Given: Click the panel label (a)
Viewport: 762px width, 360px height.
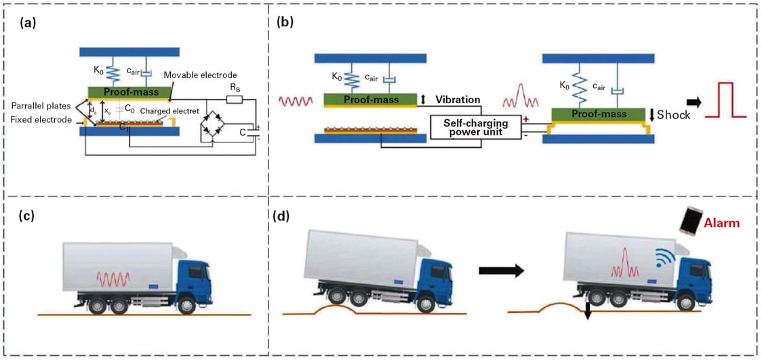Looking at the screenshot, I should click(28, 23).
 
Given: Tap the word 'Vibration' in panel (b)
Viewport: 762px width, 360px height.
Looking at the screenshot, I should click(458, 100).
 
